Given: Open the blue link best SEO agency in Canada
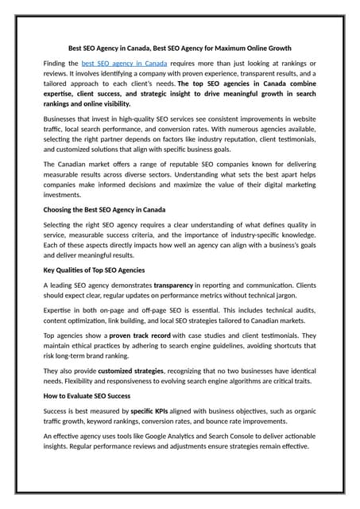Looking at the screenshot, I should [x=124, y=62].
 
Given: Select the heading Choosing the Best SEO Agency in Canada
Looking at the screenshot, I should [x=104, y=210].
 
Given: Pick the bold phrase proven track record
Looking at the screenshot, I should [x=140, y=336].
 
